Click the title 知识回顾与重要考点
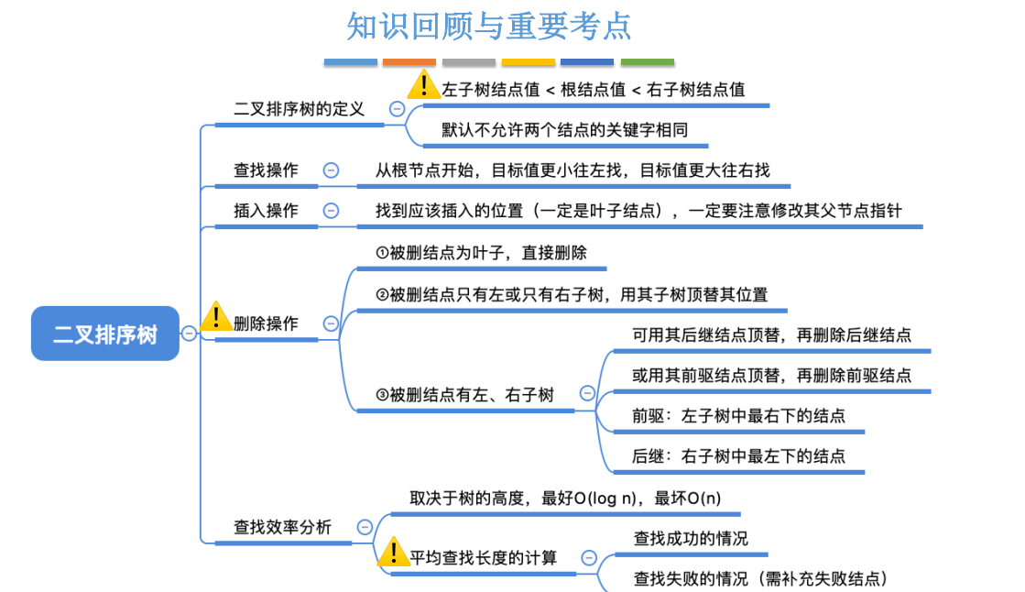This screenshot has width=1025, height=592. (x=489, y=26)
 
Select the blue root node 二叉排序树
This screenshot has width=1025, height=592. (x=105, y=334)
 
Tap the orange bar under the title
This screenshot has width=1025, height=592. (x=409, y=62)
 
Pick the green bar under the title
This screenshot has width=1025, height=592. (x=648, y=62)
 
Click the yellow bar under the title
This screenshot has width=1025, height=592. (x=529, y=62)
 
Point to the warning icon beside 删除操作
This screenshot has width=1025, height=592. (x=216, y=316)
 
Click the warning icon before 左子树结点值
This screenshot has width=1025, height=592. (x=423, y=85)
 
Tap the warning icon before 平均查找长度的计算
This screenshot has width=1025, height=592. (x=394, y=552)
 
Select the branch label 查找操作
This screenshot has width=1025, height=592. (x=266, y=170)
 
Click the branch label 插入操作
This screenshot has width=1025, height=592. (x=266, y=211)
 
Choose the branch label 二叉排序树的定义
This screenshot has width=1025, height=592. (x=299, y=109)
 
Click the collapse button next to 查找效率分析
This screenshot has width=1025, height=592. (x=365, y=527)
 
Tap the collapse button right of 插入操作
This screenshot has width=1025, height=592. (x=331, y=211)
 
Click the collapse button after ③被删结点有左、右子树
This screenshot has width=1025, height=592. (x=587, y=394)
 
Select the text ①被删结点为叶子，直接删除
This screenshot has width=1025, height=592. (x=481, y=253)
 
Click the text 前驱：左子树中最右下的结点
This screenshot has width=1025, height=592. (x=738, y=416)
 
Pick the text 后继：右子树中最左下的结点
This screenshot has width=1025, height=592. (x=738, y=455)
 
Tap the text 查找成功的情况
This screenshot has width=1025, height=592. (x=691, y=538)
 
